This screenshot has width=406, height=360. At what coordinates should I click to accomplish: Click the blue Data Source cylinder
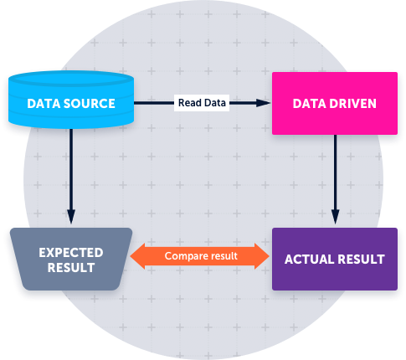(71, 100)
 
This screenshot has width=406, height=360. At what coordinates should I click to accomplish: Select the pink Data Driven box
(335, 103)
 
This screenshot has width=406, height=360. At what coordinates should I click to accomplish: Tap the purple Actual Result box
(335, 259)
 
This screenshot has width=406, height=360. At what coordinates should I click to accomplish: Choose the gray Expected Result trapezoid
(71, 259)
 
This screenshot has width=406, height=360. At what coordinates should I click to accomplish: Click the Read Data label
(202, 103)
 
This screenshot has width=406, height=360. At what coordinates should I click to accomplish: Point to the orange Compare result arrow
(200, 256)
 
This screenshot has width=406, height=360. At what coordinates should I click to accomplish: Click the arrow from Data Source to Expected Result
(71, 176)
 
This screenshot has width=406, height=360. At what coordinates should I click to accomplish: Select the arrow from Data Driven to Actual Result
(335, 179)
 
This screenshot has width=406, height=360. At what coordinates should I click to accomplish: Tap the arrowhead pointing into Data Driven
(264, 103)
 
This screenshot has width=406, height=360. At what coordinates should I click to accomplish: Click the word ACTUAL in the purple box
(308, 260)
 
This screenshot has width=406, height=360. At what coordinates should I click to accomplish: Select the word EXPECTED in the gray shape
(71, 253)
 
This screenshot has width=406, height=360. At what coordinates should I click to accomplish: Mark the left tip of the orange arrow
(131, 256)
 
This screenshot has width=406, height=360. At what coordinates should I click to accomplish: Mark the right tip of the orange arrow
(269, 256)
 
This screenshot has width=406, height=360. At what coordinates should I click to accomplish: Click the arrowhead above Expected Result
(71, 217)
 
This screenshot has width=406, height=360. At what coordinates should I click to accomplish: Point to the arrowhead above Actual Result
(335, 217)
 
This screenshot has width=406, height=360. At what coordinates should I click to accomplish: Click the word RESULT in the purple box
(360, 260)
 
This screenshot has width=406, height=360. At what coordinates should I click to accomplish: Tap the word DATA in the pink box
(310, 104)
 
